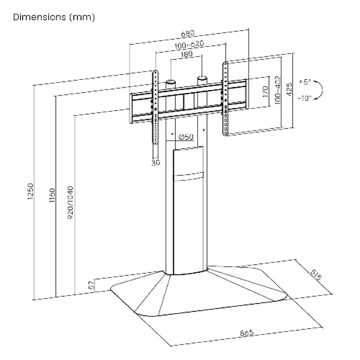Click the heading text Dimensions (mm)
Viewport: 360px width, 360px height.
(53, 17)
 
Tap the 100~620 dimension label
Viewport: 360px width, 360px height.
(190, 46)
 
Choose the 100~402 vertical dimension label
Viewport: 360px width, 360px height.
(277, 91)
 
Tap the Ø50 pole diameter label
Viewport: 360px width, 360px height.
(185, 137)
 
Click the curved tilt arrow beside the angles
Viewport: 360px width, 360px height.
(320, 90)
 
